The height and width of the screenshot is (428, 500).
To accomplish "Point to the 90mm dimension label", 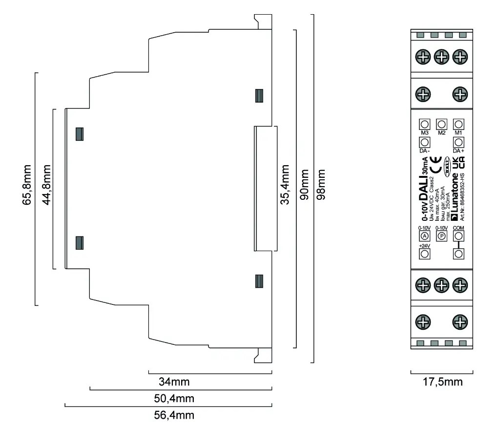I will pyautogui.click(x=304, y=188).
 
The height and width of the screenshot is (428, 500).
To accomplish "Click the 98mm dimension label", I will pyautogui.click(x=321, y=188).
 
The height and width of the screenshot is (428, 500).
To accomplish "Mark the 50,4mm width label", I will pyautogui.click(x=174, y=398).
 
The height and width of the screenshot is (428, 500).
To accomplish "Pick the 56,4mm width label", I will pyautogui.click(x=174, y=415).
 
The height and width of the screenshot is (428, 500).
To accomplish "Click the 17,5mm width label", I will pyautogui.click(x=442, y=382).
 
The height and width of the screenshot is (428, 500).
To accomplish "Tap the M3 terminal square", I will pyautogui.click(x=424, y=124).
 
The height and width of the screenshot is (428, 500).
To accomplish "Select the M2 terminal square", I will pyautogui.click(x=441, y=124).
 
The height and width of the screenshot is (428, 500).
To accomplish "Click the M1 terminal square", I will pyautogui.click(x=458, y=124).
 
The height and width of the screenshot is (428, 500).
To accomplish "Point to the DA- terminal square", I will pyautogui.click(x=424, y=142).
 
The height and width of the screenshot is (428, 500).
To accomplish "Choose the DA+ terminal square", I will pyautogui.click(x=458, y=142).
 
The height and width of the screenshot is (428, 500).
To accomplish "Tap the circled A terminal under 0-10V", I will pyautogui.click(x=424, y=236).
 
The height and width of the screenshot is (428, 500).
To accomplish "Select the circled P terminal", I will pyautogui.click(x=441, y=236).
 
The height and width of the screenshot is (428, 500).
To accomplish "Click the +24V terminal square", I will pyautogui.click(x=424, y=254).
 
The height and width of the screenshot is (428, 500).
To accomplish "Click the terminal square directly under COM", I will pyautogui.click(x=458, y=254).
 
